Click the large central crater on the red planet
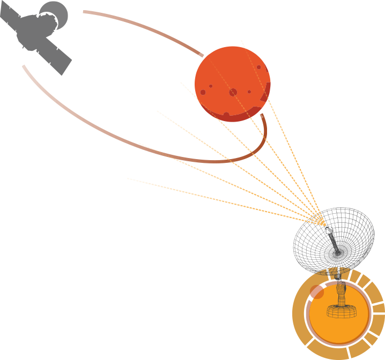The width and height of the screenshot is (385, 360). [x=233, y=93]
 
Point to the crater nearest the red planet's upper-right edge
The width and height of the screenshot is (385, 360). [x=258, y=67]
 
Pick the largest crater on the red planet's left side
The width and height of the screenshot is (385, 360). [x=203, y=92]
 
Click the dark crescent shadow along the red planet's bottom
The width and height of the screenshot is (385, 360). [x=236, y=116]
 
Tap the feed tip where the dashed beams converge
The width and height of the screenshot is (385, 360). [x=320, y=220]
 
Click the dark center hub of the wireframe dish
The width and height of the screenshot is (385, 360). [x=338, y=251]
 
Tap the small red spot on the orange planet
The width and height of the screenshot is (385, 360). [x=317, y=292]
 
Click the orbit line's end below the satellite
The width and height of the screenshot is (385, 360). [x=24, y=66]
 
